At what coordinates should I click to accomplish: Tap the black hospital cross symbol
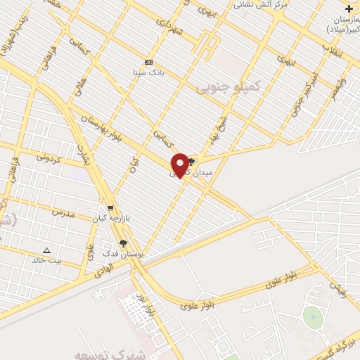pyautogui.click(x=349, y=8)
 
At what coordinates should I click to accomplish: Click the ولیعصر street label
pyautogui.click(x=340, y=94)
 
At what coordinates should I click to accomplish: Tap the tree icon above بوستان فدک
pyautogui.click(x=124, y=243)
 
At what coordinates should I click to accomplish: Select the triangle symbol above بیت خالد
pyautogui.click(x=47, y=250)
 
